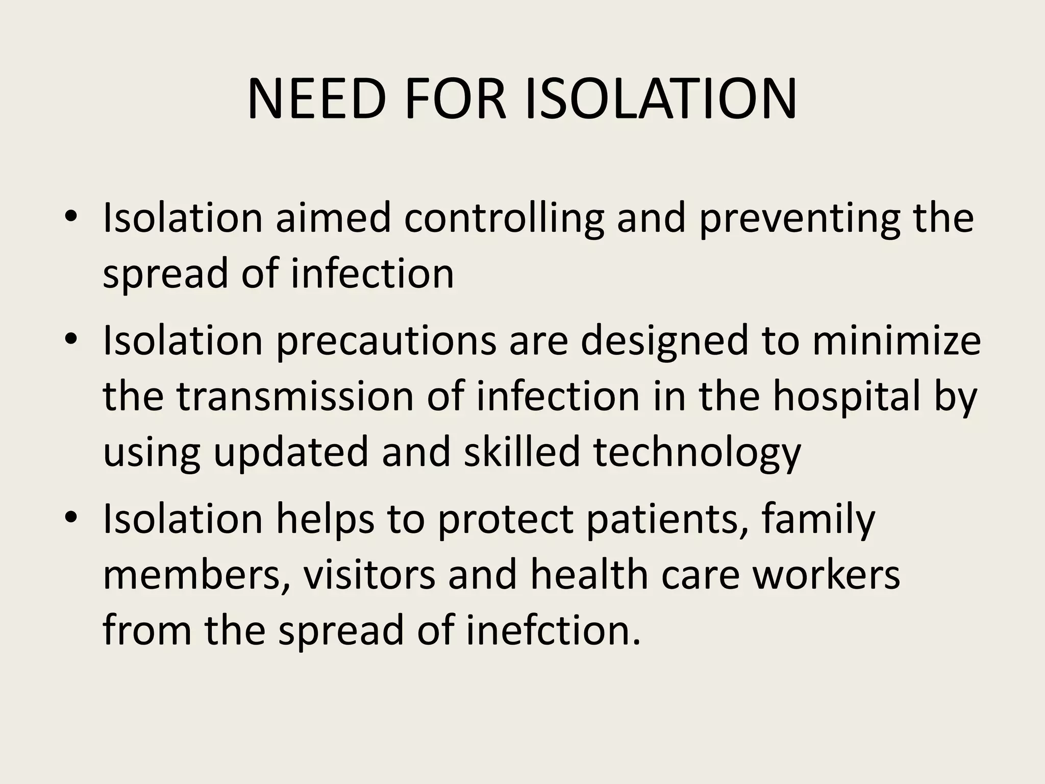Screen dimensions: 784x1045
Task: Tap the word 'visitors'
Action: (369, 574)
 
